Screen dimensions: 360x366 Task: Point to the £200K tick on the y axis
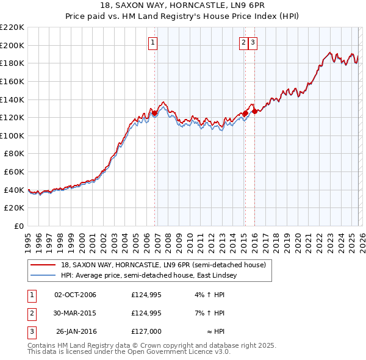pos(12,45)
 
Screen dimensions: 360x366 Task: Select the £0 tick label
pos(19,226)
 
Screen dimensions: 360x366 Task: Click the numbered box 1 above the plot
pos(152,42)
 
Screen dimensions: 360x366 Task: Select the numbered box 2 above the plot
pos(243,42)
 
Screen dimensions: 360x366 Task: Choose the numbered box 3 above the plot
pos(253,42)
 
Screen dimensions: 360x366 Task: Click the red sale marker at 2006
pos(155,113)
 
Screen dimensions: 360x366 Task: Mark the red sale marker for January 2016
pos(254,111)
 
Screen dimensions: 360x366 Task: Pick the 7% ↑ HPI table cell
pos(213,313)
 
